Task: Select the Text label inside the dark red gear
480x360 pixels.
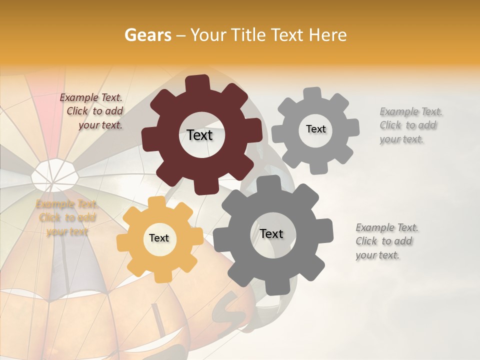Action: tap(199, 135)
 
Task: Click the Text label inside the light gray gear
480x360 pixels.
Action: tap(315, 129)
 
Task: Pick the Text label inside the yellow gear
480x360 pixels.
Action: tap(158, 238)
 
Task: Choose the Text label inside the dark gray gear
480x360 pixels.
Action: tap(271, 233)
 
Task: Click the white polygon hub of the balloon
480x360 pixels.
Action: tap(54, 174)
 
